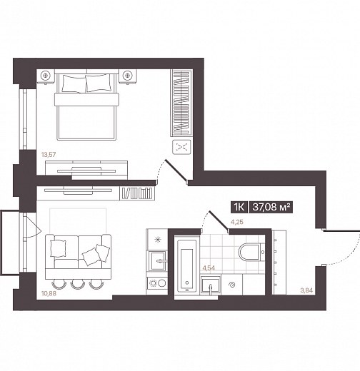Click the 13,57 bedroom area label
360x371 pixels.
pos(49,155)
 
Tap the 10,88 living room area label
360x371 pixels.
pos(49,293)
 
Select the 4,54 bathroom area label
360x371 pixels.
pos(209,268)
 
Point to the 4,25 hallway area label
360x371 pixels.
pos(237,222)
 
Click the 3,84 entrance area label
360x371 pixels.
pos(306,290)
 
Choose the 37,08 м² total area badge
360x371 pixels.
pos(271,207)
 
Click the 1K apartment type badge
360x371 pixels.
pos(239,207)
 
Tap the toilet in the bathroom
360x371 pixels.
pos(251,252)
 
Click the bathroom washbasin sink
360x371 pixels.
pos(211,285)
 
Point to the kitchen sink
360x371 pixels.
pos(157,261)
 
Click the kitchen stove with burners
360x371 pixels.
pos(157,283)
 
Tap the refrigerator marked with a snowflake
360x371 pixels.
pos(157,239)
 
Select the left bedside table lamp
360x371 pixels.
pos(45,76)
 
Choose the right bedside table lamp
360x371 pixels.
pos(128,76)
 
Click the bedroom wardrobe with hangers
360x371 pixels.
pos(181,103)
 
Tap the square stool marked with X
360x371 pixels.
pos(181,147)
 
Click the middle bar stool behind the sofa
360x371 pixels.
pos(78,284)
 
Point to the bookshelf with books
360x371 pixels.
pos(137,193)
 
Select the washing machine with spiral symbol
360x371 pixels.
pos(231,285)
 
